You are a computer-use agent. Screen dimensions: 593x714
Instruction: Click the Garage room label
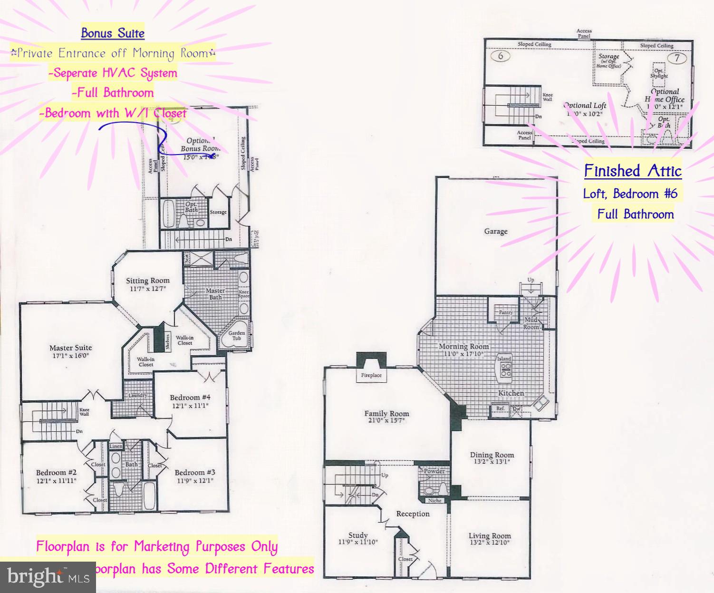(x=496, y=232)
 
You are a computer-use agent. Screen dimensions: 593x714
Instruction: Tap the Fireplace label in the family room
(x=371, y=375)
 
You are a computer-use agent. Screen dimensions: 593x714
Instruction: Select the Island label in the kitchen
(x=504, y=359)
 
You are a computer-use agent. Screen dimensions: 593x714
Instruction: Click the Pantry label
(x=505, y=312)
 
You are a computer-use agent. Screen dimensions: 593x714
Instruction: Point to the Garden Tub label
(x=236, y=336)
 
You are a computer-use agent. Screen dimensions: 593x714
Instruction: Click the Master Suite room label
(x=71, y=348)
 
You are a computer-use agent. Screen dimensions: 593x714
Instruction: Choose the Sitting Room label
(x=148, y=281)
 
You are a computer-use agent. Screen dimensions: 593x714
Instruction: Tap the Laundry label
(x=138, y=396)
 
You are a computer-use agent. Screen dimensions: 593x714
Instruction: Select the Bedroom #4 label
(x=190, y=398)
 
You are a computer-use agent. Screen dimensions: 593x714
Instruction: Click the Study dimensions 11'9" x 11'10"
(x=358, y=542)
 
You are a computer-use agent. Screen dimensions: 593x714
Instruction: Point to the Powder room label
(x=434, y=471)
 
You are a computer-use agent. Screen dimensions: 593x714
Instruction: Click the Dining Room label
(x=492, y=455)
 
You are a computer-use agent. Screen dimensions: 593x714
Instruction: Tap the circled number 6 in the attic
(x=501, y=56)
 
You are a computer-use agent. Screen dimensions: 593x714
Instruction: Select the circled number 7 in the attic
(x=677, y=58)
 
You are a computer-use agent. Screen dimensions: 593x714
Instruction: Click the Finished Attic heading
(x=633, y=171)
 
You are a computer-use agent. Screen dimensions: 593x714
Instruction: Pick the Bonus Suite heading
(x=113, y=33)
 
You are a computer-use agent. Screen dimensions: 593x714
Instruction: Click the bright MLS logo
(x=48, y=577)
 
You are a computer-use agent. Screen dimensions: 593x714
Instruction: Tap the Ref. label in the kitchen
(x=500, y=408)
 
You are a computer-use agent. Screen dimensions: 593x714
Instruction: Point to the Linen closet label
(x=116, y=447)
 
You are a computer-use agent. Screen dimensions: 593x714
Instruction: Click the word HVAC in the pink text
(x=119, y=73)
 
